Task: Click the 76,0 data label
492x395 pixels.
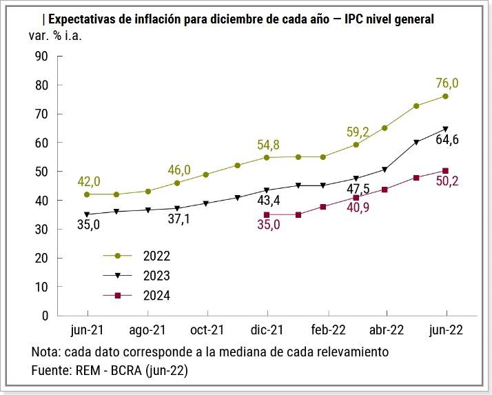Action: coord(447,83)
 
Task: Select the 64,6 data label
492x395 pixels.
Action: coord(447,141)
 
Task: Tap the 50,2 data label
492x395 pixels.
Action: coord(447,183)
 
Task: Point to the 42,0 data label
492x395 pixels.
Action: coord(88,181)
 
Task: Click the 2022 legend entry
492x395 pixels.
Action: coord(156,256)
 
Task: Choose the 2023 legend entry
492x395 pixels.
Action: coord(156,276)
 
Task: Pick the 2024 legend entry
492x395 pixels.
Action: coord(156,296)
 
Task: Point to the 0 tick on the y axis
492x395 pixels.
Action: coord(45,316)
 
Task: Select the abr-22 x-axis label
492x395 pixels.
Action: coord(387,330)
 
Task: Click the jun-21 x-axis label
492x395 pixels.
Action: coord(87,330)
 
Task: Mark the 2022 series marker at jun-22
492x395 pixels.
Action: coord(445,96)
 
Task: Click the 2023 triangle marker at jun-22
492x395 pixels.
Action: coord(445,129)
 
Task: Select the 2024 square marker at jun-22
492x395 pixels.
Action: coord(445,171)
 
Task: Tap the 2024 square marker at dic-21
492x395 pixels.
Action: coord(267,214)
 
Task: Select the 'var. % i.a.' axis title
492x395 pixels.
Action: coord(59,35)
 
